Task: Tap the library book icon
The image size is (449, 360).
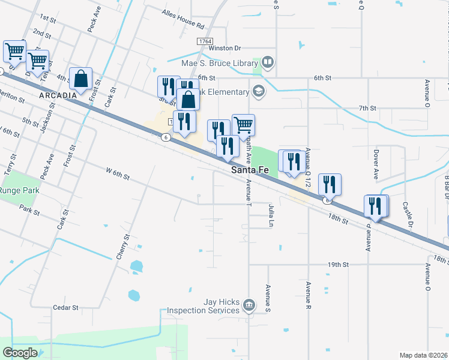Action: tap(267, 62)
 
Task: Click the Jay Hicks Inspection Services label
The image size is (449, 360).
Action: tap(203, 307)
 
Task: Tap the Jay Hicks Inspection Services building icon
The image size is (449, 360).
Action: tap(248, 307)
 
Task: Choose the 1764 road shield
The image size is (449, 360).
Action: tap(204, 41)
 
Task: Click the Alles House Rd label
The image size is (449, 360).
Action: tap(183, 19)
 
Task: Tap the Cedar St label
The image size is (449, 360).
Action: tap(65, 308)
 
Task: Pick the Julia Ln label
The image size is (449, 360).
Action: tap(271, 213)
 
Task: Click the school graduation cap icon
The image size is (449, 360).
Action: tap(259, 91)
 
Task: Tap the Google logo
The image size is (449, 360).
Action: tap(20, 353)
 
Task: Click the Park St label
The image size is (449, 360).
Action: tap(29, 212)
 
